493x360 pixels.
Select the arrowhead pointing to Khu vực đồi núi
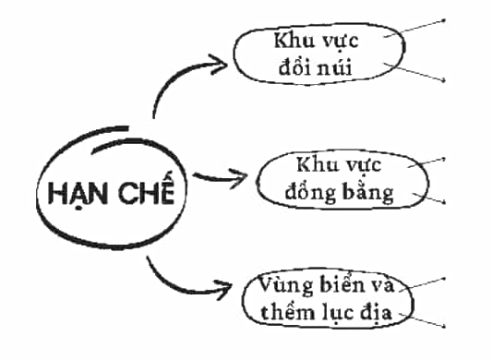pyautogui.click(x=219, y=65)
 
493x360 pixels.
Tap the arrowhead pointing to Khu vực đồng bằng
pyautogui.click(x=237, y=178)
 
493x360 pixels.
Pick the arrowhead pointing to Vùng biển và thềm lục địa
pyautogui.click(x=223, y=289)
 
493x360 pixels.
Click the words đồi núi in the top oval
pyautogui.click(x=316, y=66)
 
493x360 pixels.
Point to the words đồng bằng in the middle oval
pyautogui.click(x=339, y=192)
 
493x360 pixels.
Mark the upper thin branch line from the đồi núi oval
pyautogui.click(x=415, y=29)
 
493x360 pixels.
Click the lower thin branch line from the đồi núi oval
pyautogui.click(x=415, y=72)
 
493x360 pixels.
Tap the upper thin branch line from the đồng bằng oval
pyautogui.click(x=427, y=162)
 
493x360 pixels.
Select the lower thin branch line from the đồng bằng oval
pyautogui.click(x=428, y=198)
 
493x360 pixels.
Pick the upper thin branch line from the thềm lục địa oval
pyautogui.click(x=422, y=284)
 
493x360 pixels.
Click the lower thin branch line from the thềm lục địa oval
pyautogui.click(x=422, y=320)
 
